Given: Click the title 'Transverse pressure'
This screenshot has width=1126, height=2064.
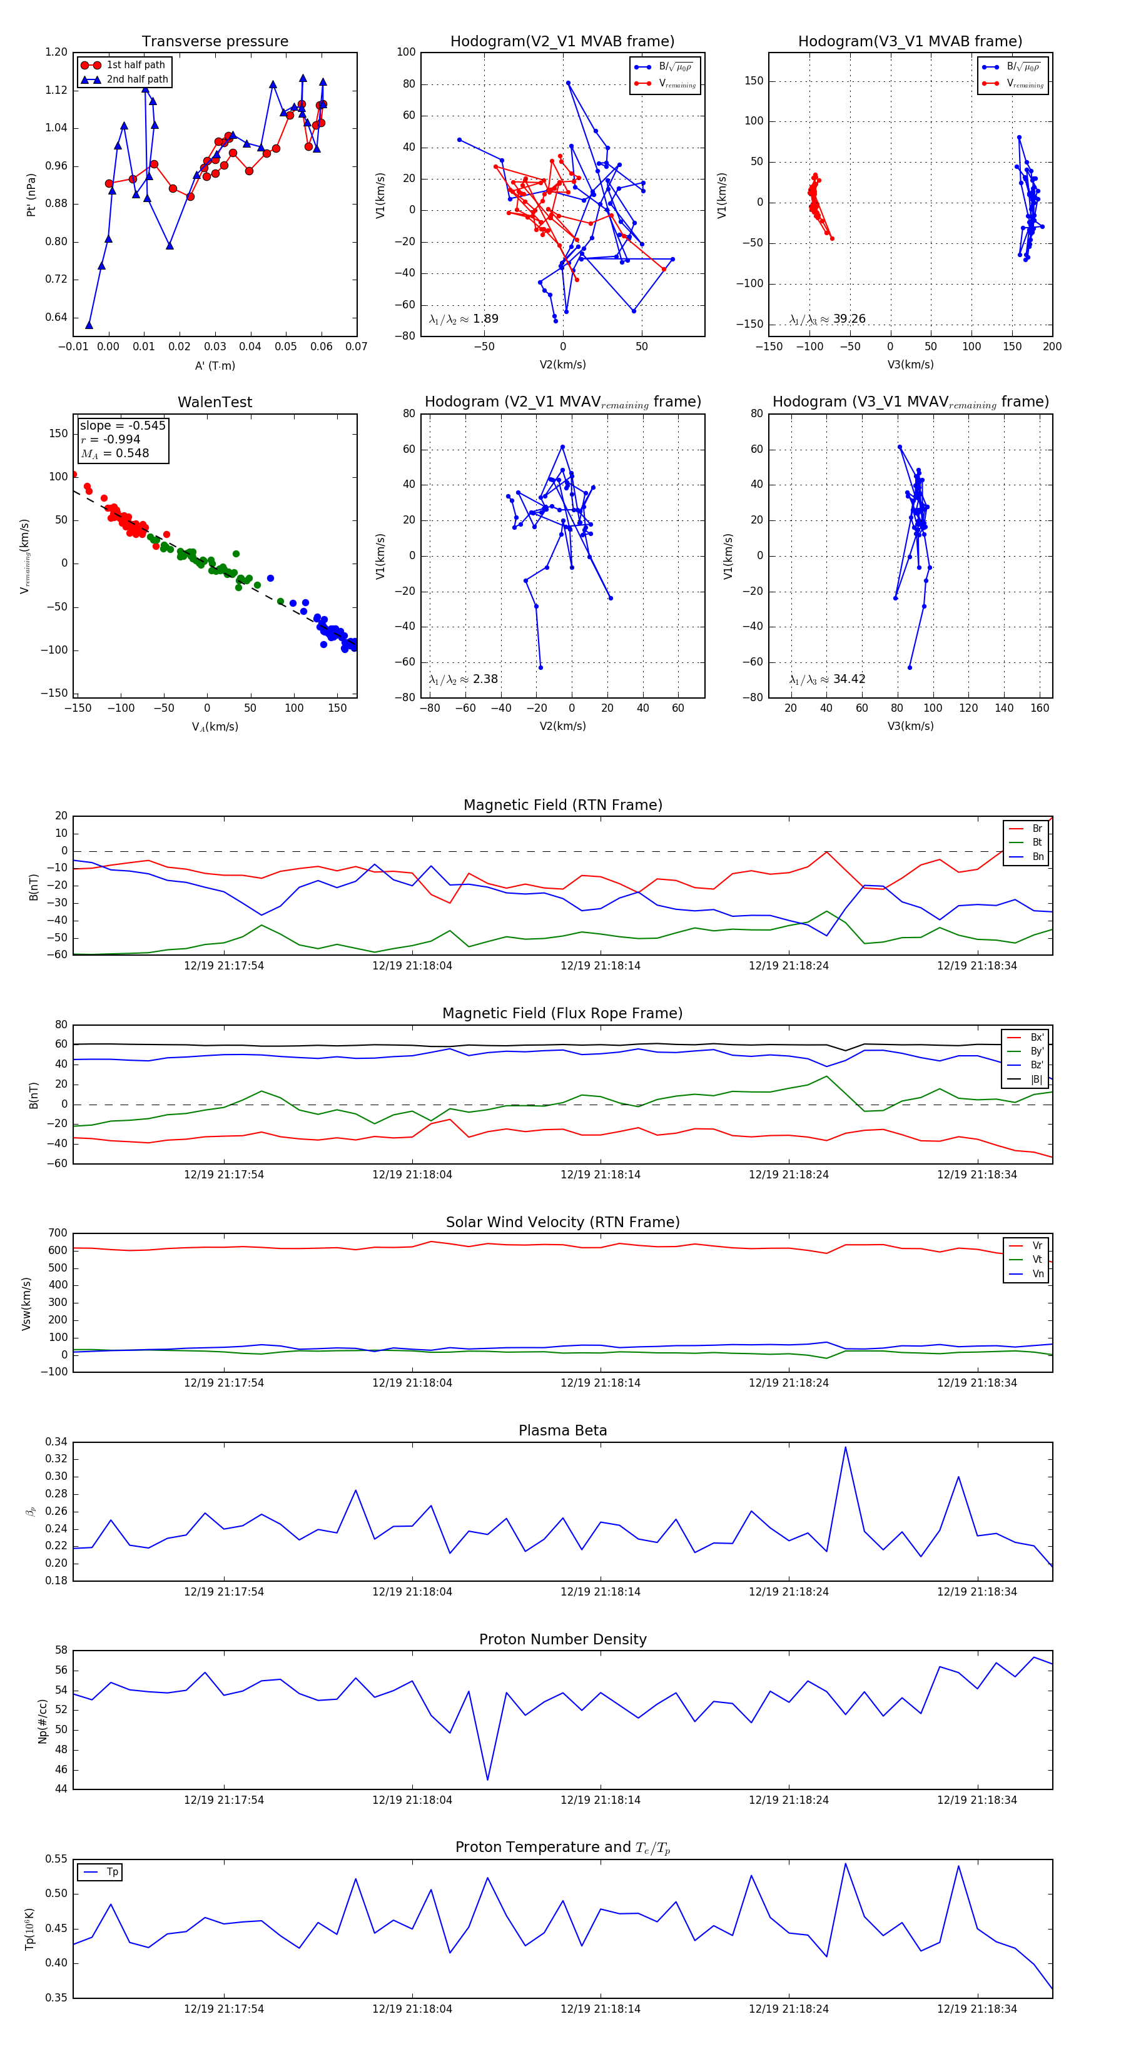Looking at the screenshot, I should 215,42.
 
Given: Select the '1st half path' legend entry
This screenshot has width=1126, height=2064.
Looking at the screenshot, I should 134,65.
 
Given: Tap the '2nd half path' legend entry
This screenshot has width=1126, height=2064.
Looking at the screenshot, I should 136,79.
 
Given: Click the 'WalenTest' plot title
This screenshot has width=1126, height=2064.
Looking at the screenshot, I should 215,402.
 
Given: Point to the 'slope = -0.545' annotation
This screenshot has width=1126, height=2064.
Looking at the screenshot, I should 123,425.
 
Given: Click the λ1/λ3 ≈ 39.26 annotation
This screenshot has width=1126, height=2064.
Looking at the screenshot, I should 827,319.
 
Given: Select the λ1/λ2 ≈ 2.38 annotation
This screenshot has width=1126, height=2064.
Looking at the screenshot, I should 463,679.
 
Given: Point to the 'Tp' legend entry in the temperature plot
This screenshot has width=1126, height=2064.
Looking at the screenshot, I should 111,1872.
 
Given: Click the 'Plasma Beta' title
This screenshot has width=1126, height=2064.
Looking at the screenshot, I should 562,1431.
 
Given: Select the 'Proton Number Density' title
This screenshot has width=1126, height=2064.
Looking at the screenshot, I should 562,1639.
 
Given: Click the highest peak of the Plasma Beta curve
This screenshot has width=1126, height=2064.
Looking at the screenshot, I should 846,1447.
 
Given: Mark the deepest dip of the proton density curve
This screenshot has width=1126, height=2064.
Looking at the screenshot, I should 487,1781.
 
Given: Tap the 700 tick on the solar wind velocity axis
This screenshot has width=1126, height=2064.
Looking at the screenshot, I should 58,1233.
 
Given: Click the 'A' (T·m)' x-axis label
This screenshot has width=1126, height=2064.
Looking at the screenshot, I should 215,365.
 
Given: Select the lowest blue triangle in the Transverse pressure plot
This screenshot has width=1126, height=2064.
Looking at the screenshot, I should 89,325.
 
